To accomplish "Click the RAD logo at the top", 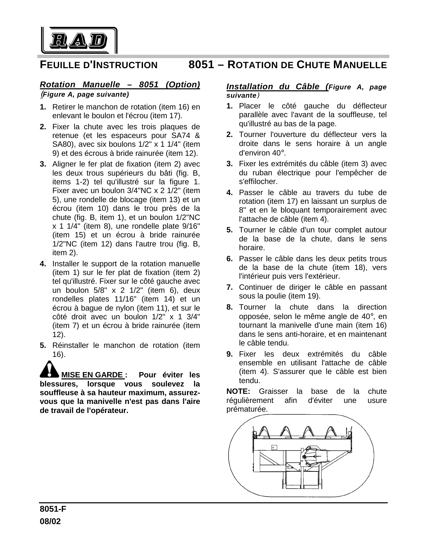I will [79, 41].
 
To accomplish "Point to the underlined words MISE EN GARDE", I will [92, 375].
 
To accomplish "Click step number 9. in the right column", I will [230, 354].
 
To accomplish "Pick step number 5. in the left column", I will [43, 345].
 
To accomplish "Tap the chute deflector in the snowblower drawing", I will [314, 455].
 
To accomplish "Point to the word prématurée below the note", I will [247, 409].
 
